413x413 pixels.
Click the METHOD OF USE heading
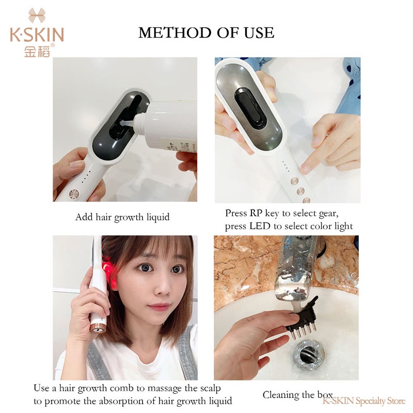coord(206,33)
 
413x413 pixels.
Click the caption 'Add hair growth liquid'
coord(122,217)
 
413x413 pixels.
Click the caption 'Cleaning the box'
coord(297,395)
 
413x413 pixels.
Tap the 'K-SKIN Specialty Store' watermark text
coord(364,401)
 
